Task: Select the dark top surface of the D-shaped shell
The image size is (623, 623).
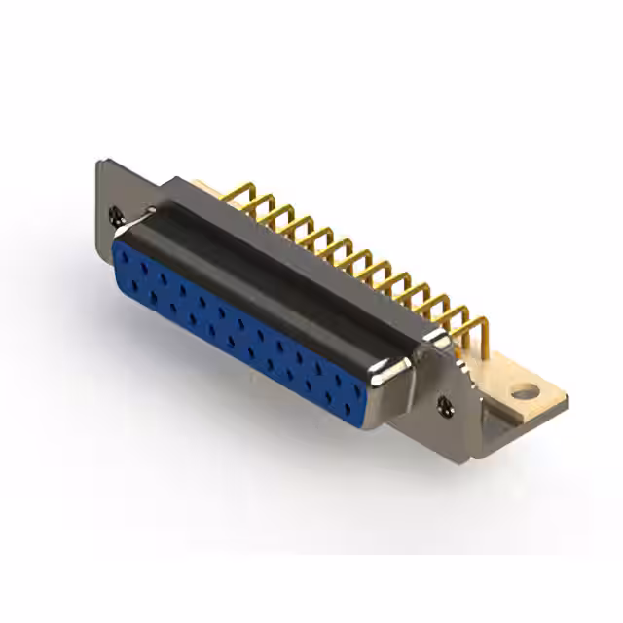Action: [x=282, y=263]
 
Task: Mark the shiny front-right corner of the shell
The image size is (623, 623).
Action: [x=397, y=375]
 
